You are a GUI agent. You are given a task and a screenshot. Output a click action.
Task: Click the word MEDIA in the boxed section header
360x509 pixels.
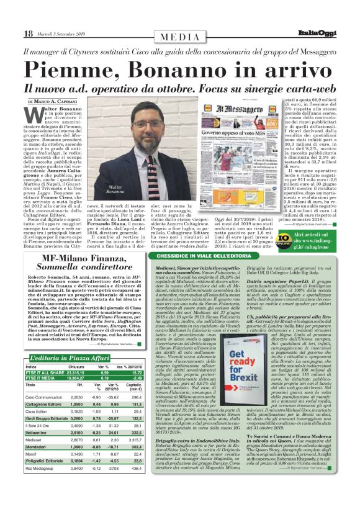tap(179, 37)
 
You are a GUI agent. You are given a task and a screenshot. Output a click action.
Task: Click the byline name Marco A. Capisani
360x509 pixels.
tap(57, 101)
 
